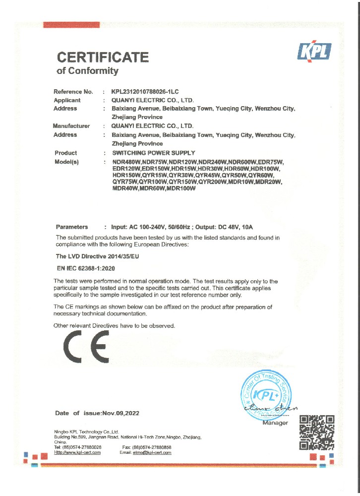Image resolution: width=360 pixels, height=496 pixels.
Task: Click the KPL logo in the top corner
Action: tap(313, 52)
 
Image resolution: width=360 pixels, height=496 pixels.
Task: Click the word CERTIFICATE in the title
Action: tap(103, 57)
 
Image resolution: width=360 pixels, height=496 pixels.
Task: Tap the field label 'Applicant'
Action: tap(67, 100)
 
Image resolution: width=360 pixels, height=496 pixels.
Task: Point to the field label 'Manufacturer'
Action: tap(71, 126)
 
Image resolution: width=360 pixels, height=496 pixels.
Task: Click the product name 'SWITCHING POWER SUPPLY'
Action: tap(154, 153)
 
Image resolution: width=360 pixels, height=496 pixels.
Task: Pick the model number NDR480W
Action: tap(126, 162)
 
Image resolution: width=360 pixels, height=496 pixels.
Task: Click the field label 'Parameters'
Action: tap(72, 227)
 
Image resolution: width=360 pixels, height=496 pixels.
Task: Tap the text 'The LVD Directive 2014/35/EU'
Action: tap(97, 256)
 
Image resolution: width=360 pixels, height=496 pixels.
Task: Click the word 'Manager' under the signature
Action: tap(275, 423)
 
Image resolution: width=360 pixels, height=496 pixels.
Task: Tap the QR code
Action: tap(317, 433)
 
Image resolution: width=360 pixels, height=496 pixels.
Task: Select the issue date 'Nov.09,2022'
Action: tap(120, 413)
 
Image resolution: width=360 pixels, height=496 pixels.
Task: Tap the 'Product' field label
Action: tap(65, 153)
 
